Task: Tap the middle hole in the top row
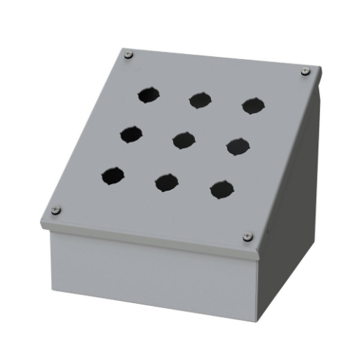pos(199,99)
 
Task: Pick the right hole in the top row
pos(253,105)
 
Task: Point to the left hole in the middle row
pos(131,134)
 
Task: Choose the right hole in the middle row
pos(237,146)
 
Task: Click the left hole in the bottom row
pos(112,175)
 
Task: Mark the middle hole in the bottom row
pos(166,182)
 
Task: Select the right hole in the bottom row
pos(221,190)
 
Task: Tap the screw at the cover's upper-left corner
pos(129,54)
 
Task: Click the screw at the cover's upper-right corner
pos(305,72)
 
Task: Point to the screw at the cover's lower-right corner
pos(246,237)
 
